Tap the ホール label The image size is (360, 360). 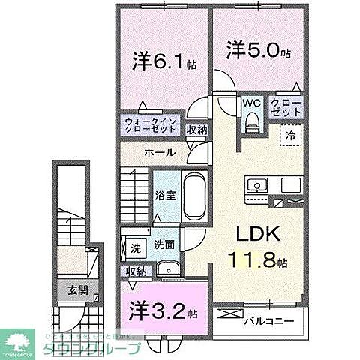point(160,153)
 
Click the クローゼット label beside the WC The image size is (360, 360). point(286,107)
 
